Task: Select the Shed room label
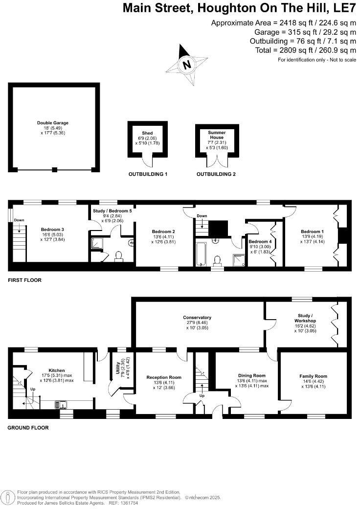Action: pyautogui.click(x=147, y=133)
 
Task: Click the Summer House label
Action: pyautogui.click(x=216, y=135)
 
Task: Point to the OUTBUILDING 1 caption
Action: pyautogui.click(x=148, y=174)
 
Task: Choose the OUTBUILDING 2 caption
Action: pyautogui.click(x=216, y=174)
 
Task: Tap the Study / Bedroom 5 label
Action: pyautogui.click(x=112, y=210)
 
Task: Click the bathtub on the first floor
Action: pyautogui.click(x=202, y=254)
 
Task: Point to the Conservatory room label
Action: pyautogui.click(x=198, y=318)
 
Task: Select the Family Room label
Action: pyautogui.click(x=313, y=376)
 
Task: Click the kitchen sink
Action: pyautogui.click(x=62, y=404)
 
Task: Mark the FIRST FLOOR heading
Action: pyautogui.click(x=24, y=280)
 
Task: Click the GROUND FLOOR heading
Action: pyautogui.click(x=28, y=427)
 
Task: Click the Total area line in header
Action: pyautogui.click(x=305, y=50)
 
